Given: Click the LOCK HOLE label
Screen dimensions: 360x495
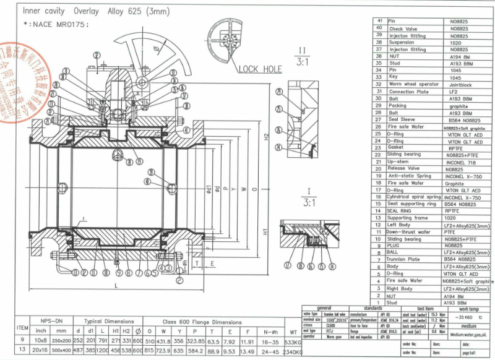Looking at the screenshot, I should tap(260, 69).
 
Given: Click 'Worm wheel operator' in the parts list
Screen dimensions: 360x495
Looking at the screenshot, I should tap(413, 84).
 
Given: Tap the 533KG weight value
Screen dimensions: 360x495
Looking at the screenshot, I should tap(292, 341).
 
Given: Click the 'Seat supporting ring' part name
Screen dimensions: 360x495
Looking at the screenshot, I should tap(411, 204).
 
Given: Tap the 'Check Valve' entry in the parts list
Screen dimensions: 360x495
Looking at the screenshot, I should tap(403, 28).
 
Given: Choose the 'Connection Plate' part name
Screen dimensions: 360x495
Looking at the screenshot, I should tap(410, 92).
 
